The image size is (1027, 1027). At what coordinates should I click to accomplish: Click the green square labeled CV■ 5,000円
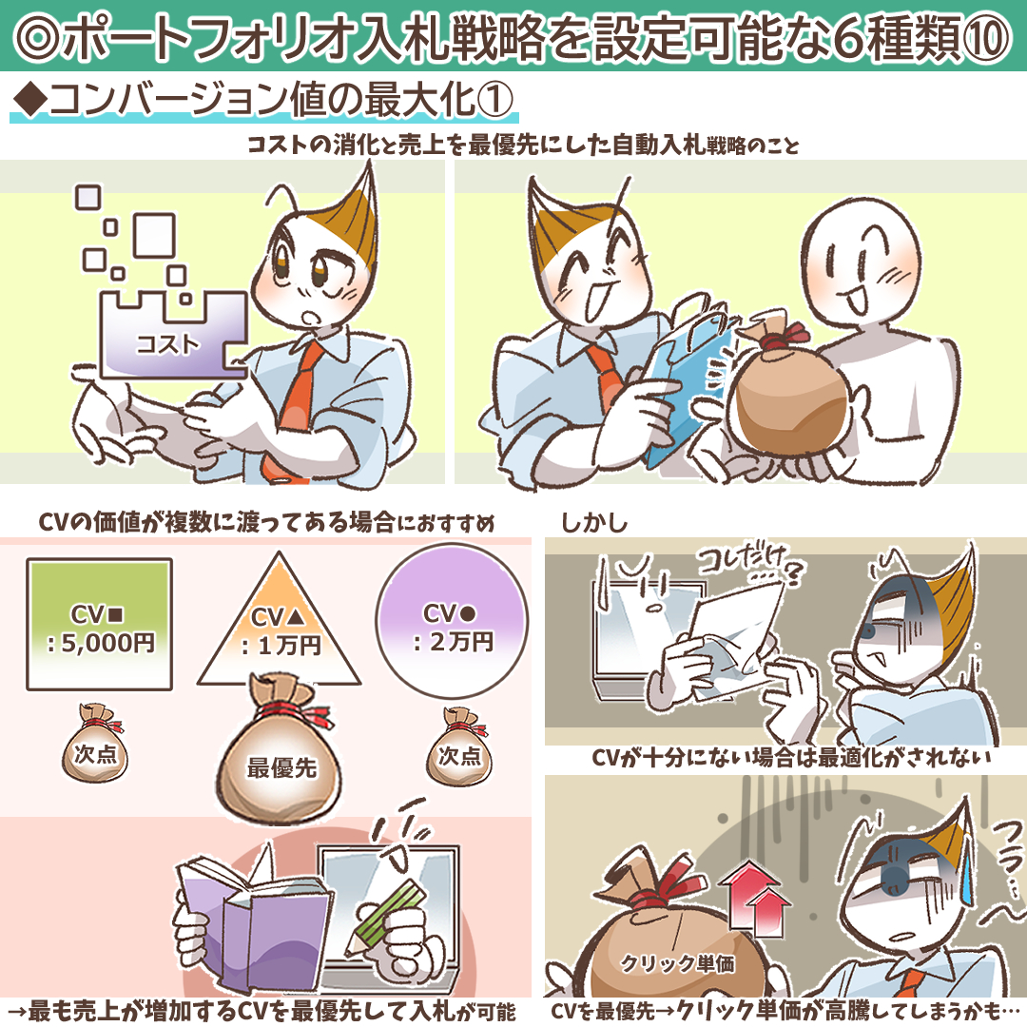(x=100, y=624)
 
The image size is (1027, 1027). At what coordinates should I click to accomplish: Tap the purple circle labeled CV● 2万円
(x=452, y=620)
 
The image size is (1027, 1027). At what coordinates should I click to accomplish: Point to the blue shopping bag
(x=688, y=379)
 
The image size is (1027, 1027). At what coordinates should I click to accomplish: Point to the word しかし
(x=594, y=523)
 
